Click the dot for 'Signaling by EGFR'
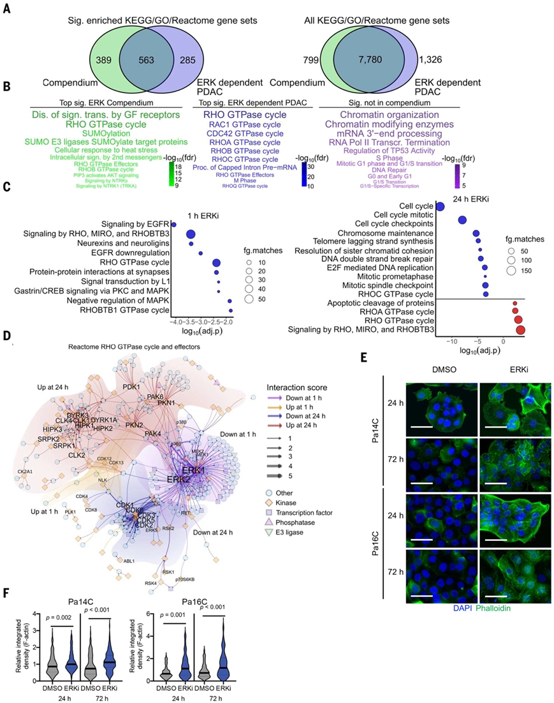(x=173, y=224)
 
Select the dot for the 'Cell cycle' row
(x=440, y=206)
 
